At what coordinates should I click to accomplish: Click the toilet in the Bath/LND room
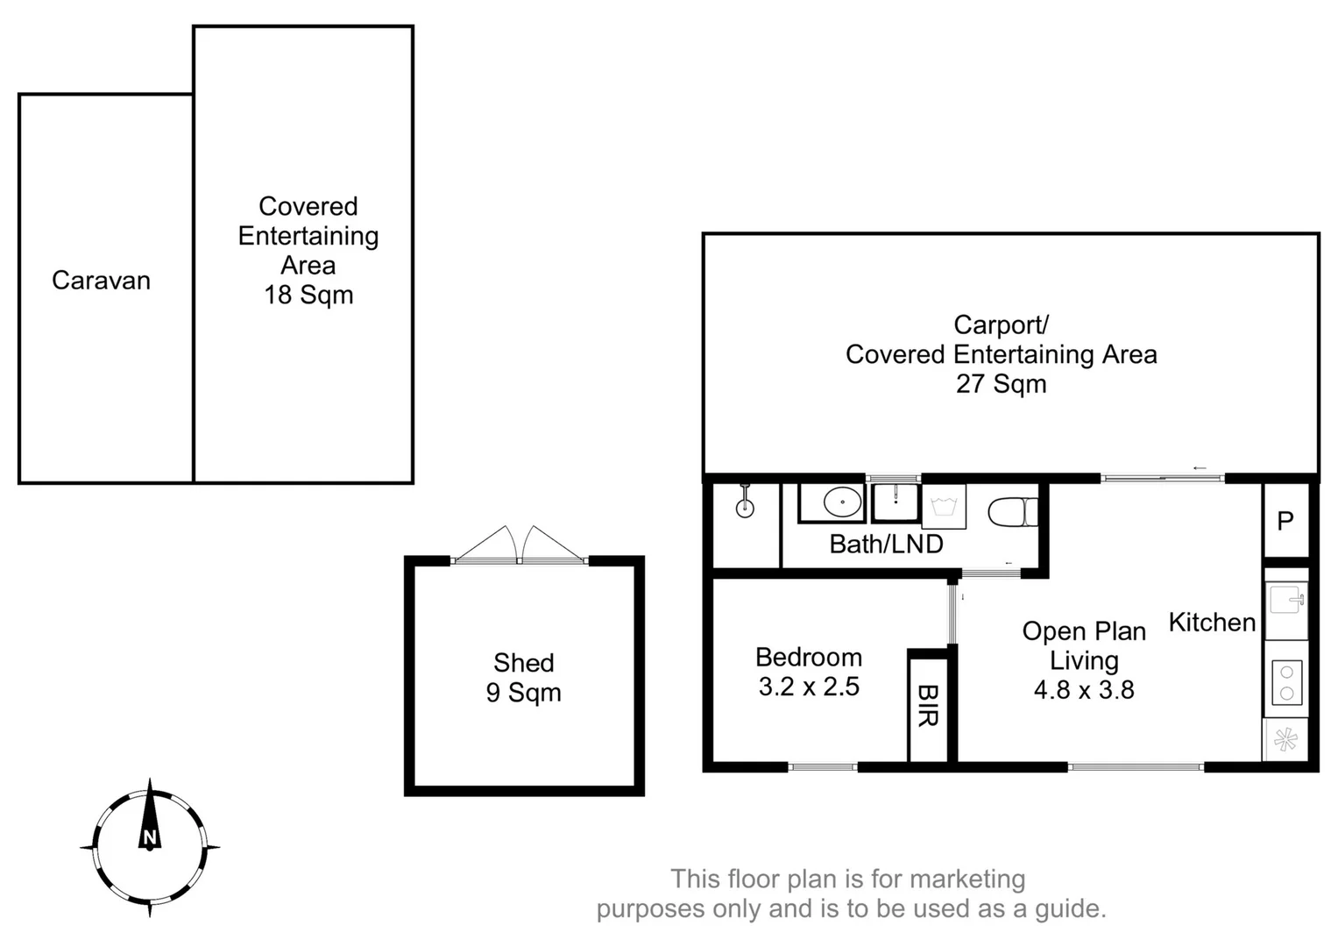point(1012,512)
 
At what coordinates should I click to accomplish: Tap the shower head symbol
point(745,502)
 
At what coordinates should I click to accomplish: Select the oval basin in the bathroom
point(842,502)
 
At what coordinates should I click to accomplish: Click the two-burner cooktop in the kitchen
point(1286,682)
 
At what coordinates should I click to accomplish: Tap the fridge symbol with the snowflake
point(1285,740)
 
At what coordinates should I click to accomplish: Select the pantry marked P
point(1285,521)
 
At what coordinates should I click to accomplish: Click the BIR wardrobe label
point(927,707)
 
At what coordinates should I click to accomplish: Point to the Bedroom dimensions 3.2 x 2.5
point(809,687)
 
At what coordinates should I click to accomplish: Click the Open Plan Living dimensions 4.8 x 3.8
point(1084,690)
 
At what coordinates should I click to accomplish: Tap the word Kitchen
point(1212,623)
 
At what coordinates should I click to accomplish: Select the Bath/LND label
point(886,545)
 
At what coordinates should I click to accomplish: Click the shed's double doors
point(520,545)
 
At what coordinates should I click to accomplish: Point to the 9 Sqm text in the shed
point(523,693)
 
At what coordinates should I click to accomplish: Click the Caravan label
point(101,281)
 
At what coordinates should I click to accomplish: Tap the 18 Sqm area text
point(308,295)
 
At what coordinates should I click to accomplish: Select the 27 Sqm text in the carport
point(1001,384)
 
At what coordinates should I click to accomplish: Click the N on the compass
point(150,837)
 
